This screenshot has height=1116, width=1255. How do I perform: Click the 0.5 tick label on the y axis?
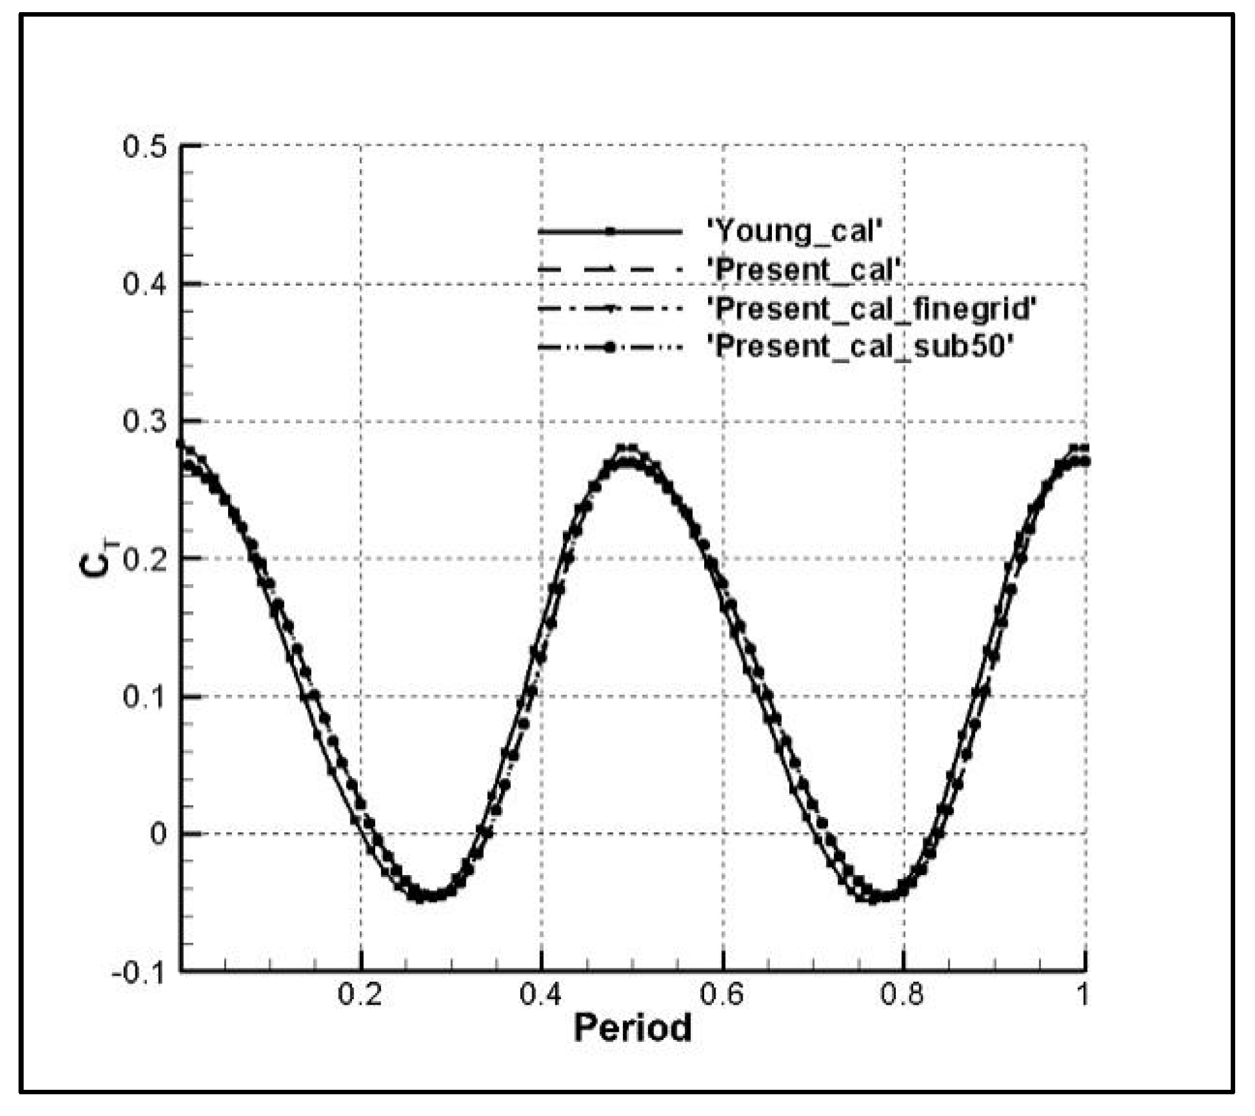[144, 147]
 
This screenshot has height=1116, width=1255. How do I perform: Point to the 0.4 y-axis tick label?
[144, 284]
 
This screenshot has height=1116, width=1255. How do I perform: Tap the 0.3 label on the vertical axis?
[144, 421]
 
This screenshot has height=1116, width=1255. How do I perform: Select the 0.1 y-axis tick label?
[144, 696]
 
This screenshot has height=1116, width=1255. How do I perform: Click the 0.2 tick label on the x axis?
[360, 995]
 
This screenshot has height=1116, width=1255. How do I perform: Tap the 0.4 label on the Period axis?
[541, 995]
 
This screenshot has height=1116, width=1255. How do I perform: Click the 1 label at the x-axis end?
[1082, 995]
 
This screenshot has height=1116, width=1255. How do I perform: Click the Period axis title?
[633, 1028]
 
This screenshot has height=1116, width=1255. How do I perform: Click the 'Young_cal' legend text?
[795, 231]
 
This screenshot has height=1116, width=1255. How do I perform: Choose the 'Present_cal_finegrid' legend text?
[872, 309]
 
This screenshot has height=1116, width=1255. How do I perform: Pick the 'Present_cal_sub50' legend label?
[861, 347]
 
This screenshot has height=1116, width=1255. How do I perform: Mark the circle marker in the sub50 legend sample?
[610, 348]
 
